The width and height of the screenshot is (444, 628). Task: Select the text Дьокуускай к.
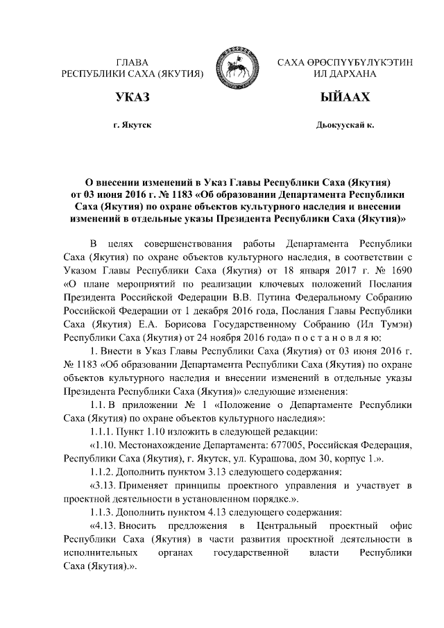click(x=344, y=126)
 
